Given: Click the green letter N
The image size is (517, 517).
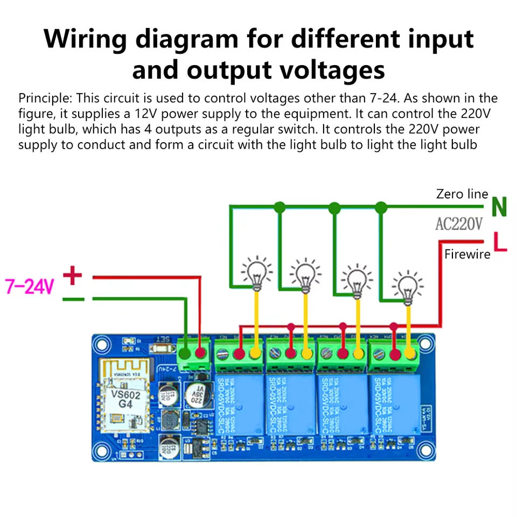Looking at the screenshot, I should pyautogui.click(x=499, y=207).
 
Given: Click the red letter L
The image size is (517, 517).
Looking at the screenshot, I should pyautogui.click(x=501, y=242).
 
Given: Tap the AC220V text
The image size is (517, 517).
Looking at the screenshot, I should pyautogui.click(x=459, y=224).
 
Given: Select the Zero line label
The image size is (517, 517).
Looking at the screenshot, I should pyautogui.click(x=462, y=194).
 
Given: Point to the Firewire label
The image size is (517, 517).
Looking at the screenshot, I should pyautogui.click(x=467, y=254).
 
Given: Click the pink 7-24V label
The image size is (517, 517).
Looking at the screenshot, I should pyautogui.click(x=30, y=287).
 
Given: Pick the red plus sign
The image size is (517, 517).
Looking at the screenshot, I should pyautogui.click(x=73, y=277).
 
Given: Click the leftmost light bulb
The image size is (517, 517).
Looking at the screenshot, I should pyautogui.click(x=256, y=272).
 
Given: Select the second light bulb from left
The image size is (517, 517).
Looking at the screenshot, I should pyautogui.click(x=305, y=275).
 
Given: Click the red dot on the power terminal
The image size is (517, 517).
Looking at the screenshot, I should pyautogui.click(x=202, y=353).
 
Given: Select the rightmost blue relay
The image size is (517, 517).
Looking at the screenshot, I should pyautogui.click(x=394, y=404).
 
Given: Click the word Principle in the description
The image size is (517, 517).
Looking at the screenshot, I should pyautogui.click(x=45, y=99).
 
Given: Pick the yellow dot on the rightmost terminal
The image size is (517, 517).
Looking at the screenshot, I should pyautogui.click(x=410, y=354).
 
